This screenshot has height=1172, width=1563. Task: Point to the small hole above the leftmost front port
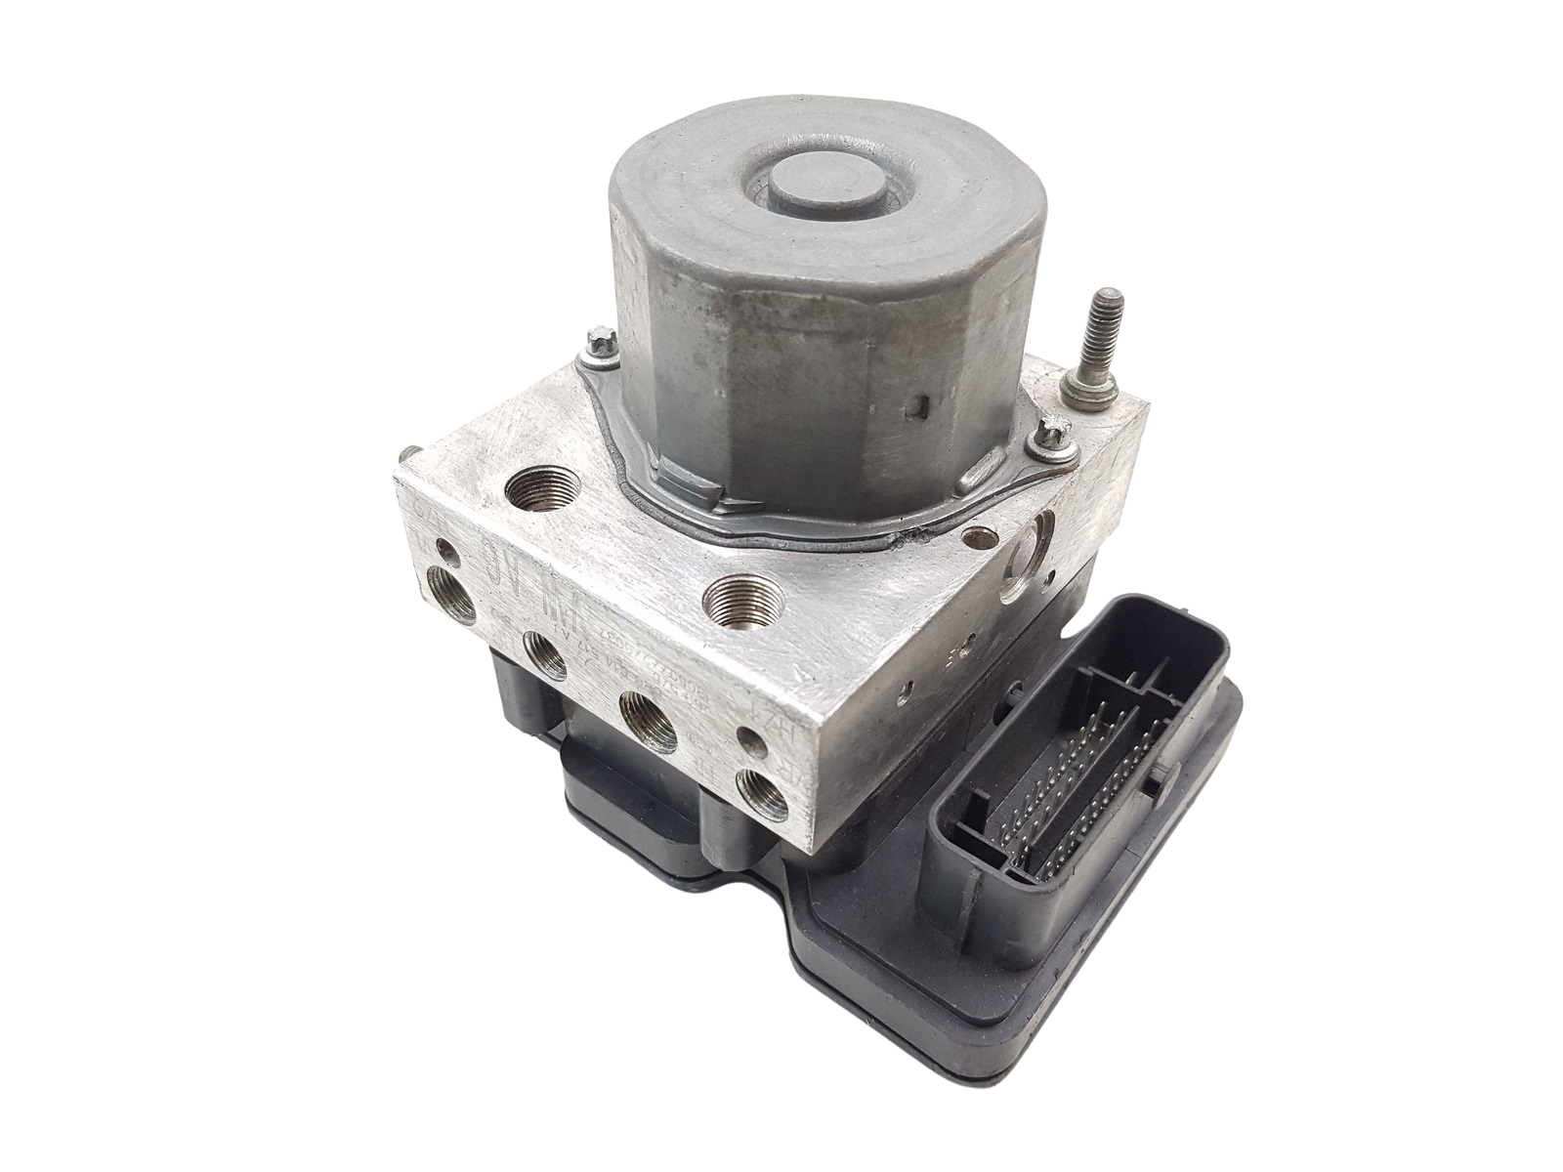click(x=450, y=555)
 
